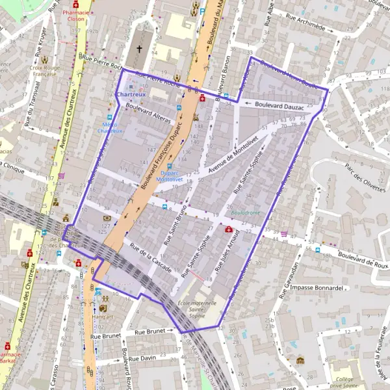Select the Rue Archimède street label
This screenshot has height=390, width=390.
[301, 25]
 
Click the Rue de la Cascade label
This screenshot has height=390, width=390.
[150, 257]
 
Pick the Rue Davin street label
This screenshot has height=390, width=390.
[142, 358]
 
